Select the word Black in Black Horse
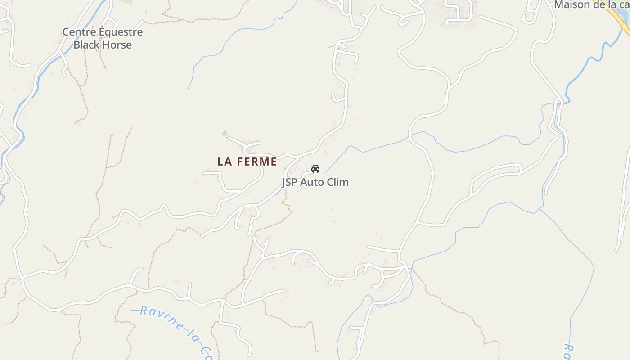(x=86, y=45)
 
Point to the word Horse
(x=117, y=45)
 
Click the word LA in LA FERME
(x=225, y=162)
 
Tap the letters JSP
(x=290, y=182)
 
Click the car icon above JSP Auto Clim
(x=315, y=169)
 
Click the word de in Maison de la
(x=598, y=5)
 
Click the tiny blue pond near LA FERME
(x=224, y=134)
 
